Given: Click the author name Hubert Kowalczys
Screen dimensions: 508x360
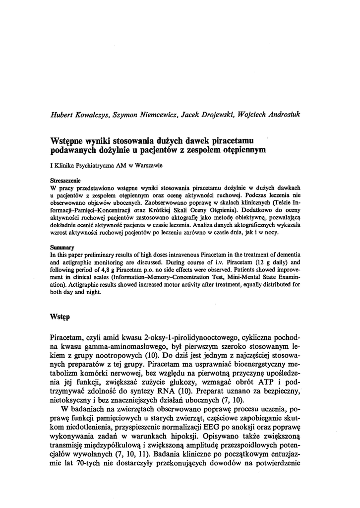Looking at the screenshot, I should [80, 114].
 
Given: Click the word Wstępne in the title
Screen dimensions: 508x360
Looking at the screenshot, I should [69, 140].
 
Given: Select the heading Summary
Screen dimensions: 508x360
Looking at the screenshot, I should [62, 247].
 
